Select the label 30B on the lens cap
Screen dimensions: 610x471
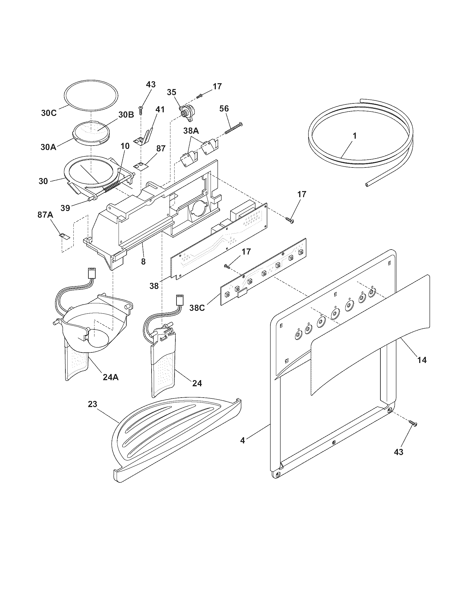[x=126, y=114]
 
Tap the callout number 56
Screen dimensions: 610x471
[x=224, y=109]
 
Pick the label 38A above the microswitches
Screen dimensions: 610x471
[x=191, y=130]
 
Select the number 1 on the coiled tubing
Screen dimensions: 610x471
[x=355, y=136]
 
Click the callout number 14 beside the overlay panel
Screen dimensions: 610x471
[x=422, y=360]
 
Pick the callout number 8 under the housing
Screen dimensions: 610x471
[x=143, y=262]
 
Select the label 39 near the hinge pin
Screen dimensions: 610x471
[x=65, y=208]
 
